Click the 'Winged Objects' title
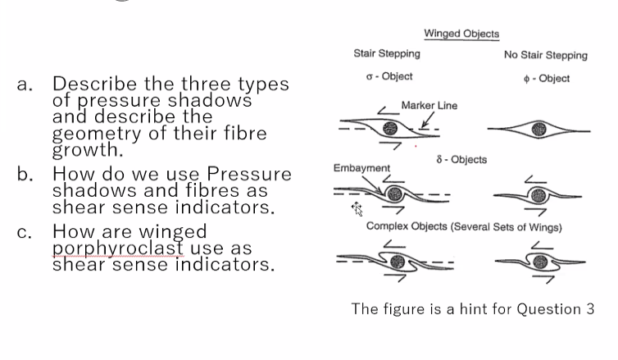click(461, 34)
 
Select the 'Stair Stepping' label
click(386, 53)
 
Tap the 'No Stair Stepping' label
click(545, 55)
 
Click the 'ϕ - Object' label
click(545, 78)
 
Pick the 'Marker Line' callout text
click(429, 106)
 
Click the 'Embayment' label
click(361, 168)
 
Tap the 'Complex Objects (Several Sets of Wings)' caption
click(463, 226)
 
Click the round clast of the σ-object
click(392, 129)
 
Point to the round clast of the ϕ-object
click(538, 129)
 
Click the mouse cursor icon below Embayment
click(357, 209)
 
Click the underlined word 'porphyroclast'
click(111, 248)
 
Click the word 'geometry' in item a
click(93, 133)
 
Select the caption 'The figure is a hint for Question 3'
click(472, 308)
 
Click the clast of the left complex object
click(398, 262)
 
